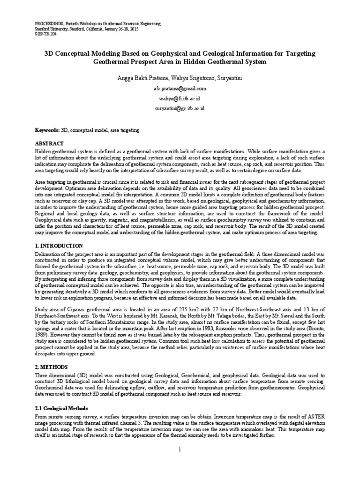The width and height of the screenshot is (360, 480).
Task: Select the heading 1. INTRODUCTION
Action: [60, 246]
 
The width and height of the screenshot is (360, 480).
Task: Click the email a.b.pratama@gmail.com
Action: [180, 88]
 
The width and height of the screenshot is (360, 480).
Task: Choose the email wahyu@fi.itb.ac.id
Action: [180, 98]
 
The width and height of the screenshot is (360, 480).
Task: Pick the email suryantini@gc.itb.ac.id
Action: [180, 108]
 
